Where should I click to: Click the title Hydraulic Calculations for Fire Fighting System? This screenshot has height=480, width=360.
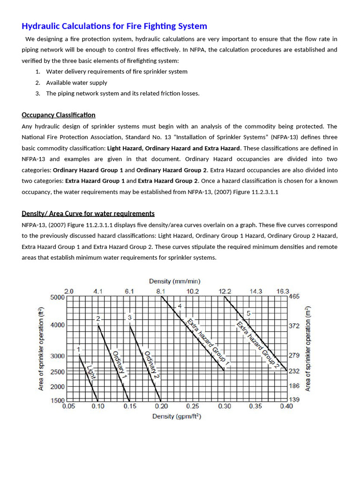pos(114,26)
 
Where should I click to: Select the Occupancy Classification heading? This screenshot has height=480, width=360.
pos(59,115)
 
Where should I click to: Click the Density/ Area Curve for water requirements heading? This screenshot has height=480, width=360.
pos(88,213)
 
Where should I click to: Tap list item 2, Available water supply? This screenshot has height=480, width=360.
pos(76,82)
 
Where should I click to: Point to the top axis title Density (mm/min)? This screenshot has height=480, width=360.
pos(175,281)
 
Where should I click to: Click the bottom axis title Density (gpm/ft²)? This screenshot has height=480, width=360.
pos(177,416)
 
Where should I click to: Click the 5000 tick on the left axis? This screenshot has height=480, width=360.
pos(58,297)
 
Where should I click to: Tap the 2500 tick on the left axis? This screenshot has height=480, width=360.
pos(58,372)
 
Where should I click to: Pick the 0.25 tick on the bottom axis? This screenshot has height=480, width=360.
pos(193,406)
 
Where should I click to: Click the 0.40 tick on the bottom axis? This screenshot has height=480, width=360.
pos(286,406)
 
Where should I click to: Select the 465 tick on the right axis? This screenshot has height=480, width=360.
pos(294,297)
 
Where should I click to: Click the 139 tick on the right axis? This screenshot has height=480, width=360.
pos(294,400)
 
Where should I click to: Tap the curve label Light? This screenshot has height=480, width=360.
pos(92,373)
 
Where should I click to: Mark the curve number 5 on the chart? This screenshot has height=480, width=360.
pos(249,313)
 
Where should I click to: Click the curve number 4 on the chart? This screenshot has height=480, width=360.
pos(180,306)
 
